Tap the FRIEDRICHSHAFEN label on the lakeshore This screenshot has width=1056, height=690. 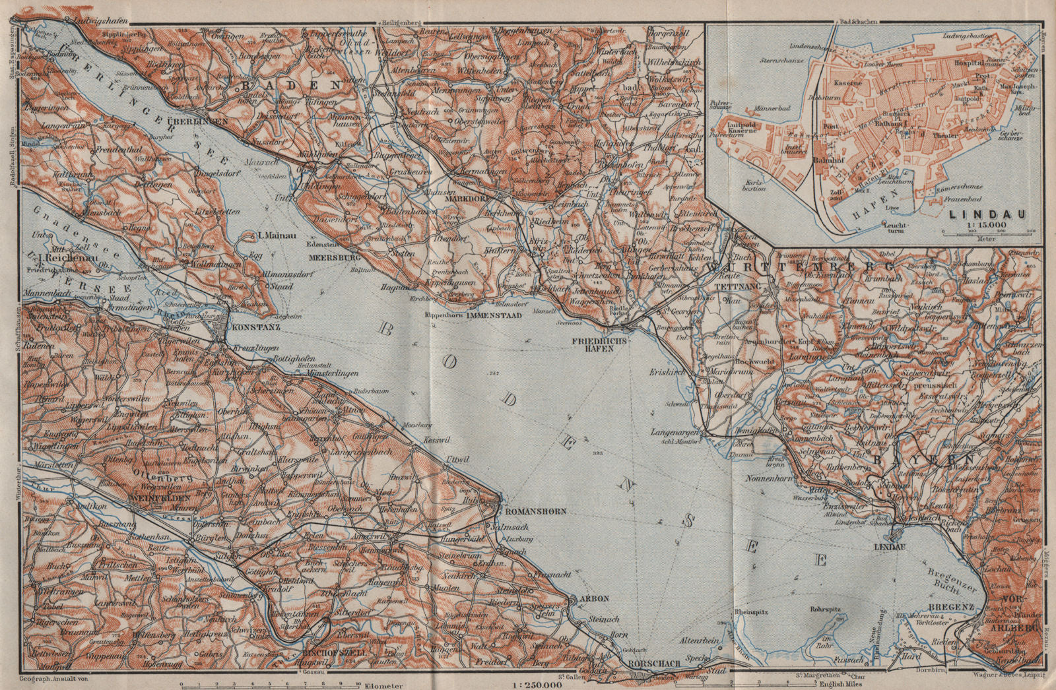(601, 343)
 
